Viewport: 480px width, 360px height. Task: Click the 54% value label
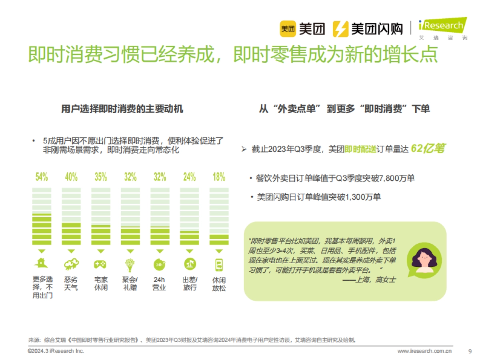pyautogui.click(x=42, y=177)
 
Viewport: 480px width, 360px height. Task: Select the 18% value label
pyautogui.click(x=219, y=177)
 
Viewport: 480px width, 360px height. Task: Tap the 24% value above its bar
pyautogui.click(x=189, y=177)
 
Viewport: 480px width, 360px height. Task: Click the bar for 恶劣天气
pyautogui.click(x=71, y=216)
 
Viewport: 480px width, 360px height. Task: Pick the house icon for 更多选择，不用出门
pyautogui.click(x=41, y=264)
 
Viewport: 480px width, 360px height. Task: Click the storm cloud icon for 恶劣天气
pyautogui.click(x=71, y=264)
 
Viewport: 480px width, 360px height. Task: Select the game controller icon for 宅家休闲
pyautogui.click(x=100, y=264)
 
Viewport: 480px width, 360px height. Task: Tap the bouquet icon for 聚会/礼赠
pyautogui.click(x=130, y=264)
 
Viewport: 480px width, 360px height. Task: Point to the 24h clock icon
pyautogui.click(x=160, y=264)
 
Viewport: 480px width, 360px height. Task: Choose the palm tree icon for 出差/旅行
pyautogui.click(x=189, y=264)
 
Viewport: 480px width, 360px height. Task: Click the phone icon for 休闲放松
pyautogui.click(x=219, y=264)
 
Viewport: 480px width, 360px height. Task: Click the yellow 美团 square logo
pyautogui.click(x=288, y=29)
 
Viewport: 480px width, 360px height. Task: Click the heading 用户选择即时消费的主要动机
pyautogui.click(x=122, y=109)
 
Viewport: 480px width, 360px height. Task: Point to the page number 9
pyautogui.click(x=470, y=351)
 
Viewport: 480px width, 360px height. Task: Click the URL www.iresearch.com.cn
pyautogui.click(x=424, y=351)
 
